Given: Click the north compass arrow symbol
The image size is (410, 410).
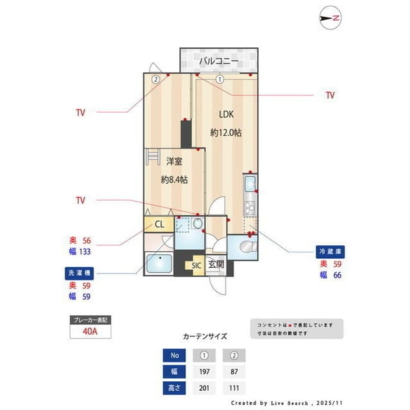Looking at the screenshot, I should pyautogui.click(x=331, y=19).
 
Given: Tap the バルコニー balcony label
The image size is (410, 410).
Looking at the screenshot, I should pyautogui.click(x=218, y=61).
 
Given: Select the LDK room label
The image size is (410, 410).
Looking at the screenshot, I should pyautogui.click(x=226, y=115).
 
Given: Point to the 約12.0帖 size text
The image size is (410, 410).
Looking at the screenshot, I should pyautogui.click(x=226, y=133).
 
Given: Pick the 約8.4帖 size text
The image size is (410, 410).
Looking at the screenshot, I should pyautogui.click(x=174, y=180).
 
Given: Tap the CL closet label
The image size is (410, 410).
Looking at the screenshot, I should pyautogui.click(x=160, y=225).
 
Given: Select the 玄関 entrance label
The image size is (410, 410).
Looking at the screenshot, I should pyautogui.click(x=216, y=264).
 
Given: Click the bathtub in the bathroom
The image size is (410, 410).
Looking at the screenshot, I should pyautogui.click(x=158, y=263).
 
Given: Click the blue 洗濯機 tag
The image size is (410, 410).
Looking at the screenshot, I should pyautogui.click(x=79, y=272).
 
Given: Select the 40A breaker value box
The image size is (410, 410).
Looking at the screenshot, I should pyautogui.click(x=90, y=331).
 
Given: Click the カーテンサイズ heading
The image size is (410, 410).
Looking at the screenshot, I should pyautogui.click(x=205, y=336).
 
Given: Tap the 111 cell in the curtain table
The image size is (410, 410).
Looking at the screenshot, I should pyautogui.click(x=234, y=388).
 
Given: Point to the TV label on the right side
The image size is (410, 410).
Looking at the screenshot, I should pyautogui.click(x=330, y=95).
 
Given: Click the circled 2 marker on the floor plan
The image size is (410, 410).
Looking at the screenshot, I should pyautogui.click(x=155, y=80).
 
